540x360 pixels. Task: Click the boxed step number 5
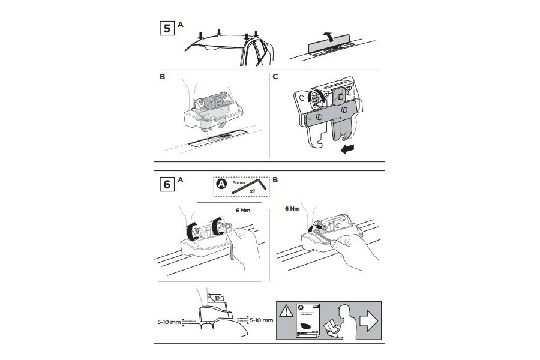[167, 28]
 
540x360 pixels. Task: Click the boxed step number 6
[167, 185]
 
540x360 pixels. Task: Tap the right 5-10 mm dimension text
[260, 320]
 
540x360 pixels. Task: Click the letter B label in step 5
[163, 77]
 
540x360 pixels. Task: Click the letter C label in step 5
[275, 77]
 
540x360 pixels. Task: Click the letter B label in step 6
[275, 179]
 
